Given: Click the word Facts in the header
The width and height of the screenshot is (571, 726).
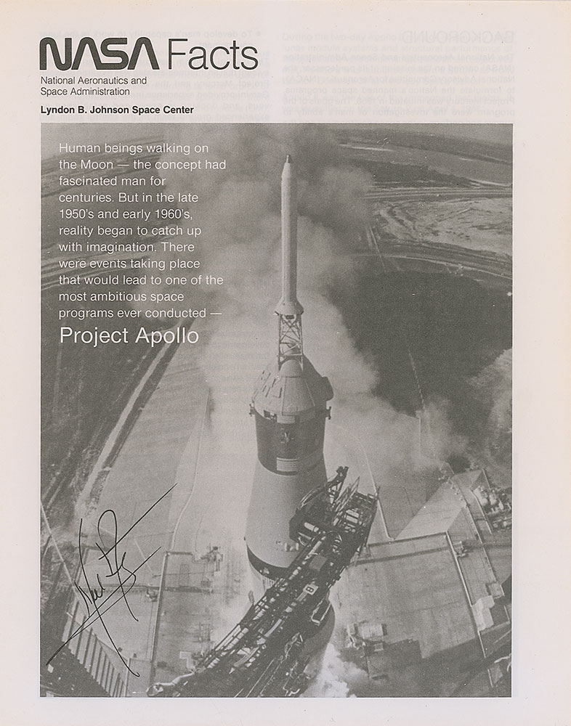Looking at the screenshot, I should click(x=211, y=55).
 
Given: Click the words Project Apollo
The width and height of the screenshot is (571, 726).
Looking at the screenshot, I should click(x=129, y=335).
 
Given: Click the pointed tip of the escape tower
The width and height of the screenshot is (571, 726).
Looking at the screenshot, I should click(x=288, y=158).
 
